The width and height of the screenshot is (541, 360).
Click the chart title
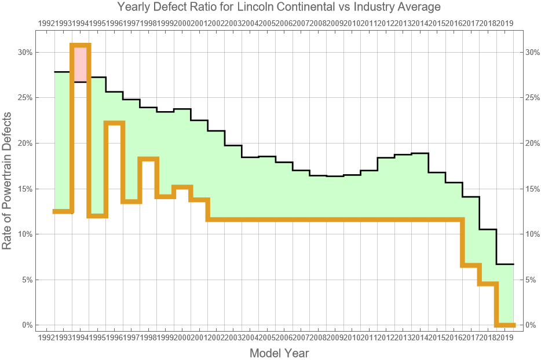[279, 7]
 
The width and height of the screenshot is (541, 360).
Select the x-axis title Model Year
[279, 352]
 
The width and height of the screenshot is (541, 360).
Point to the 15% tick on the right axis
[533, 189]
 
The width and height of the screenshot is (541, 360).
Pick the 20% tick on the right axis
[533, 143]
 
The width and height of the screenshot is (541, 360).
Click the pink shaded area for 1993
[81, 64]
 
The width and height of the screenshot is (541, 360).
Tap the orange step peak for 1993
[81, 45]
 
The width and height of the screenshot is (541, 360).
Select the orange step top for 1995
[115, 123]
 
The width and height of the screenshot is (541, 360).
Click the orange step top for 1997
[148, 159]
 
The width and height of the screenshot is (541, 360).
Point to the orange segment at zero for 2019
[505, 325]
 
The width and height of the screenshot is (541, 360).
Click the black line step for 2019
[505, 264]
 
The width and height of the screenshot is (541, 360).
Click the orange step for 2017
[488, 284]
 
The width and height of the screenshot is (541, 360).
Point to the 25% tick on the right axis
[533, 98]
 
